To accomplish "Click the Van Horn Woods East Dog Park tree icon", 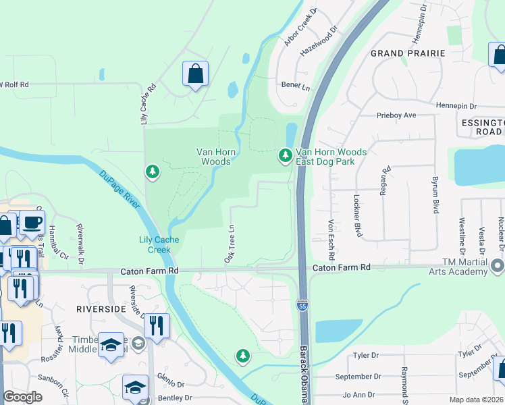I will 286,157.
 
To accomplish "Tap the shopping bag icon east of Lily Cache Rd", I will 195,75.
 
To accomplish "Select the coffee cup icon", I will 31,222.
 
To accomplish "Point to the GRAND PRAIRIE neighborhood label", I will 407,53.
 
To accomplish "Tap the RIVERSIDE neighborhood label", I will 101,308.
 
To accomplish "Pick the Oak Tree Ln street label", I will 230,244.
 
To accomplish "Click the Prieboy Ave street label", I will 396,115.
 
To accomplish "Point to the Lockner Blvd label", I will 356,215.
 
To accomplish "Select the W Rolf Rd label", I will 14,85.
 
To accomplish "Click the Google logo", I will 22,397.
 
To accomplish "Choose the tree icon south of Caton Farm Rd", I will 242,355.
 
